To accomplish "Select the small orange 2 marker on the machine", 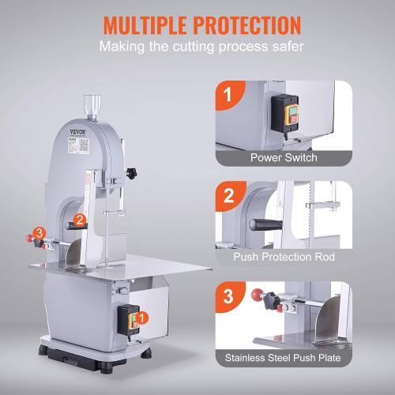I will pos(81,220).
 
